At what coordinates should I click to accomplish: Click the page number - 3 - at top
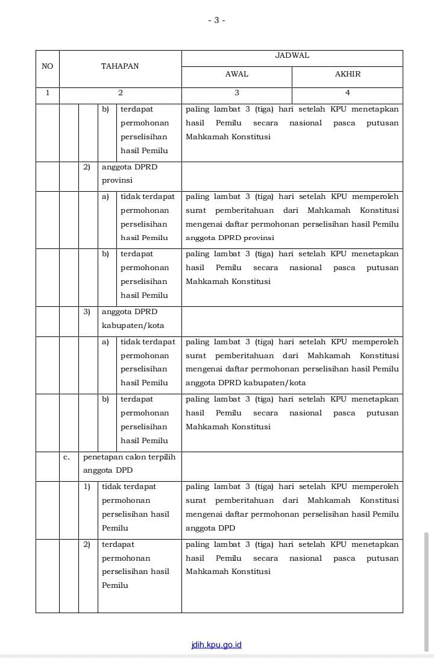point(216,20)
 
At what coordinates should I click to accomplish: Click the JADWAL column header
point(292,55)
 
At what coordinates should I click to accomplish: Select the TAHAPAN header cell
point(120,66)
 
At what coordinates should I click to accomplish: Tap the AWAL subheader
point(236,74)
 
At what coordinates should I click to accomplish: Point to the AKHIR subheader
point(347,74)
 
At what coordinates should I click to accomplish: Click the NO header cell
point(47,66)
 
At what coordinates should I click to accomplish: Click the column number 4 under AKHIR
point(347,93)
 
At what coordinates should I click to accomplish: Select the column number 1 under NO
point(47,93)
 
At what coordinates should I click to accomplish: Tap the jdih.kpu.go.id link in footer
point(216,645)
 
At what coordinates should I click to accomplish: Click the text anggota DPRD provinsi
point(130,174)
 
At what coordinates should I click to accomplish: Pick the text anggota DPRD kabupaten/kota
point(133,318)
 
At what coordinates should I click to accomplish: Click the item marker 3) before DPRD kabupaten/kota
point(87,312)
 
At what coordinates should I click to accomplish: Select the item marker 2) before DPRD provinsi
point(87,167)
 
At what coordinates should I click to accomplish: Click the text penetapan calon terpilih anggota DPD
point(129,464)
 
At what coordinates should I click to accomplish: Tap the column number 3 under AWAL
point(236,93)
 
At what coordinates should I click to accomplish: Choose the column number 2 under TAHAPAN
point(120,93)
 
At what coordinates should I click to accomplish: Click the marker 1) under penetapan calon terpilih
point(87,487)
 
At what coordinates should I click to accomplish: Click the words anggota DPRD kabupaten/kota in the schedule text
point(245,383)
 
